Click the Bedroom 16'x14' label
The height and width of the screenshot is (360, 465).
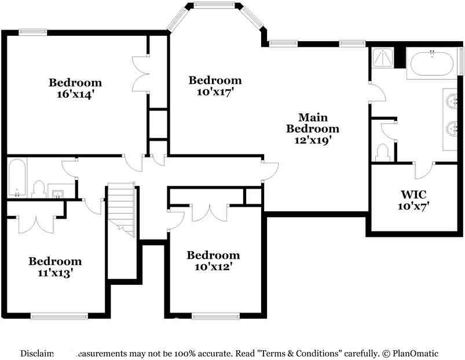pyautogui.click(x=75, y=88)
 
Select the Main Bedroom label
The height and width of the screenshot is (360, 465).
pyautogui.click(x=312, y=123)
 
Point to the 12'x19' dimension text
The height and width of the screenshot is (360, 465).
pyautogui.click(x=312, y=139)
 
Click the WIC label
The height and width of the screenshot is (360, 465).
pyautogui.click(x=413, y=194)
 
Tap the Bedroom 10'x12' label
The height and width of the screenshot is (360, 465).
pyautogui.click(x=213, y=260)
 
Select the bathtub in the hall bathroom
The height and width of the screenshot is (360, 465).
pyautogui.click(x=16, y=178)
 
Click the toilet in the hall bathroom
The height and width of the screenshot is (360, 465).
pyautogui.click(x=39, y=189)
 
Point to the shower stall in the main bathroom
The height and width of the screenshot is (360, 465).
pyautogui.click(x=382, y=58)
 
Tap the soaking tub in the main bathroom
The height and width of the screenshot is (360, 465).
pyautogui.click(x=431, y=63)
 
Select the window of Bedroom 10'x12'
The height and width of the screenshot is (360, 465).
pyautogui.click(x=215, y=316)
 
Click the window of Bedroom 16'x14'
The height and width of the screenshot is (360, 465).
pyautogui.click(x=32, y=32)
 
